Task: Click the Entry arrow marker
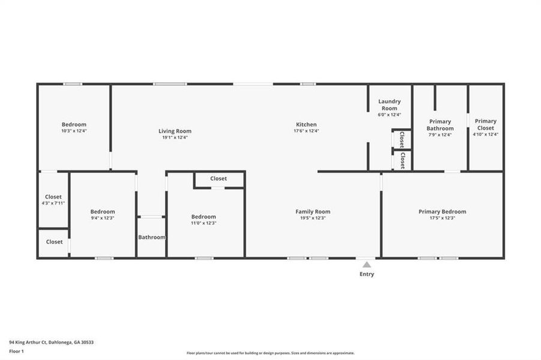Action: [366, 264]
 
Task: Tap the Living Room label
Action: [175, 131]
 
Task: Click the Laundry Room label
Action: [389, 104]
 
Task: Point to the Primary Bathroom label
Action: [440, 124]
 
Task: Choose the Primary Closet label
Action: [485, 124]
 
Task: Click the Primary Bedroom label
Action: [442, 211]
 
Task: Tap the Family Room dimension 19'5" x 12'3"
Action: [312, 218]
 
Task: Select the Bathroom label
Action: [151, 237]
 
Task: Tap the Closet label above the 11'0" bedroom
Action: [219, 178]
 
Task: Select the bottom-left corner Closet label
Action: [54, 242]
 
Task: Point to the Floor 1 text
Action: [16, 351]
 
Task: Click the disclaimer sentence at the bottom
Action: [270, 353]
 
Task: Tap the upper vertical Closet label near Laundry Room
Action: [402, 139]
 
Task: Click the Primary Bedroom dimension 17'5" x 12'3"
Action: [442, 218]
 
